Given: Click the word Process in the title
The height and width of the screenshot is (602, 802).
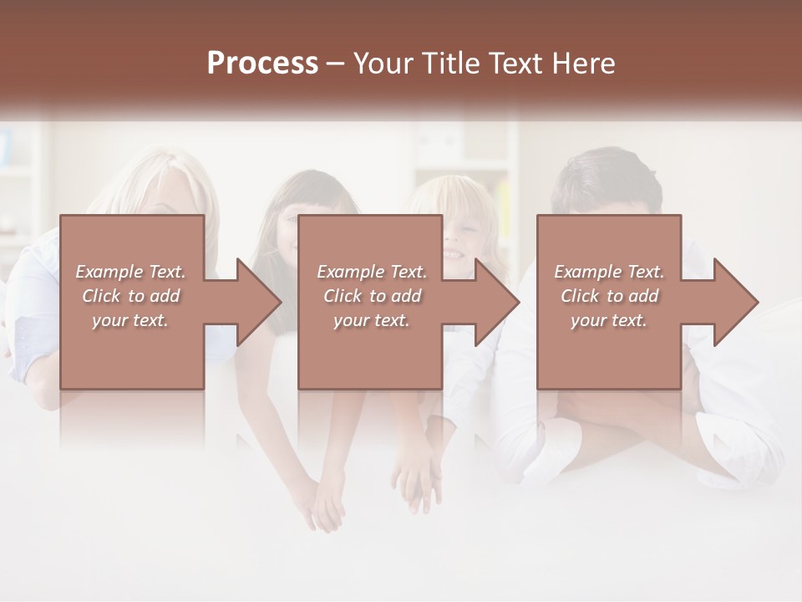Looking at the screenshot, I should click(262, 64).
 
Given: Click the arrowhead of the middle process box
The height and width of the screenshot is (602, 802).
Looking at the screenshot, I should click(498, 302).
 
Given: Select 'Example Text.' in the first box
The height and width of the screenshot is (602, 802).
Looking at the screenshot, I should click(130, 272).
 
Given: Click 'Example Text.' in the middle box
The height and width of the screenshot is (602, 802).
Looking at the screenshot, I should click(371, 272).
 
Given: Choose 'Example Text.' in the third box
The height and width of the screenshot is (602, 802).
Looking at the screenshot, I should click(609, 272).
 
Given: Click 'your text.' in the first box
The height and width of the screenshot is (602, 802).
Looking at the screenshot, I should click(130, 320).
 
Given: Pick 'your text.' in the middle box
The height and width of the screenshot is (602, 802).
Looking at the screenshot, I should click(371, 320).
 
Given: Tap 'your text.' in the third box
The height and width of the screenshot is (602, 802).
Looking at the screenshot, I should click(609, 320).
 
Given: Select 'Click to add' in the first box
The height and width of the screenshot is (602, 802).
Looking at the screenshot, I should click(130, 296).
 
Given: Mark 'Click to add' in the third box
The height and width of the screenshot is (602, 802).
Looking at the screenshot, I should click(609, 296).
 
